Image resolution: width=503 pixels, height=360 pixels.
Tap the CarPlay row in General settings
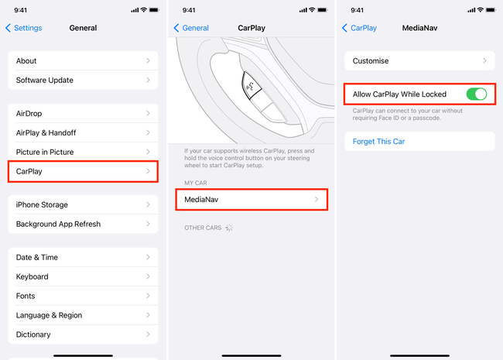point(83,171)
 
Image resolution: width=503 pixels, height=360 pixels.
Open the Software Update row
point(83,81)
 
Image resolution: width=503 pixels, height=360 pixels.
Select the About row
point(83,61)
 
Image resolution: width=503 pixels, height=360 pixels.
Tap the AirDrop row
point(83,114)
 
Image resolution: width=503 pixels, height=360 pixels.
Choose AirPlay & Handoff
point(83,133)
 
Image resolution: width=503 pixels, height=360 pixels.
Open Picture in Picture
point(83,152)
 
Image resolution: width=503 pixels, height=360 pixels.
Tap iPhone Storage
point(83,205)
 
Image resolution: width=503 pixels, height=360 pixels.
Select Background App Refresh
point(83,225)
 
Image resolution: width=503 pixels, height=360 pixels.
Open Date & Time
point(83,258)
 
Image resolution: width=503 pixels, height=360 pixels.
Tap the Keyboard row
point(83,277)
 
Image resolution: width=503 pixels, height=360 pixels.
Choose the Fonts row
point(83,297)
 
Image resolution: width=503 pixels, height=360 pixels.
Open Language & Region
point(83,316)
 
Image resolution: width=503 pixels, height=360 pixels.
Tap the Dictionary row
point(83,335)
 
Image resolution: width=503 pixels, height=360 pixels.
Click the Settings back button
point(24,28)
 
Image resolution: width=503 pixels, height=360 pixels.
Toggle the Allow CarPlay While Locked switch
point(477,94)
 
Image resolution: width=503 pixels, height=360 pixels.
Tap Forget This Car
point(379,142)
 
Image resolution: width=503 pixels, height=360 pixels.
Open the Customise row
point(419,60)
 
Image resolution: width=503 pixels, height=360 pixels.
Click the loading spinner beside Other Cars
point(229,228)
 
